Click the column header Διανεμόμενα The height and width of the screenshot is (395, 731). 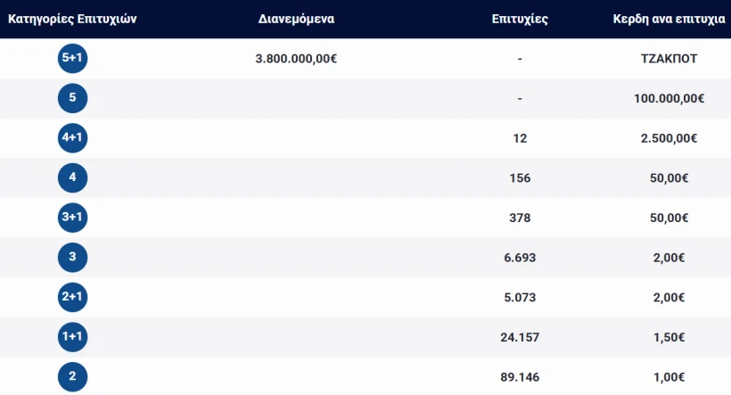pos(296,19)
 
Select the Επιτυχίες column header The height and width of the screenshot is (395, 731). pos(519,19)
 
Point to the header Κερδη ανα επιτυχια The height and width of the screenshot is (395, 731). pos(669,19)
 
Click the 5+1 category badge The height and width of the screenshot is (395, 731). pos(72,59)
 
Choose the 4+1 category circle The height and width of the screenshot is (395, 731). pos(72,138)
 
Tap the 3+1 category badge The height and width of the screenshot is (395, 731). pos(72,218)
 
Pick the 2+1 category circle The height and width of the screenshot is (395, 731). pos(72,297)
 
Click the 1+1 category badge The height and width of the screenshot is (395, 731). pos(72,336)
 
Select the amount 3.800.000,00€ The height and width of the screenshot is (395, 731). pos(296,59)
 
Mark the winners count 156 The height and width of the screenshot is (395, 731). pos(520,178)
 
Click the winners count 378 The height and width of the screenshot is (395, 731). pos(520,218)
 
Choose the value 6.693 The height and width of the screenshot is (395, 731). pos(520,258)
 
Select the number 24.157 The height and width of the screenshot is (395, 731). pos(520,336)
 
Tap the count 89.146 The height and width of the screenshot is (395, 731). pos(520,376)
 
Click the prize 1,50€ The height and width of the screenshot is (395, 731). pos(669,336)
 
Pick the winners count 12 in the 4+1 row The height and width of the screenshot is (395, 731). pos(520,138)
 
